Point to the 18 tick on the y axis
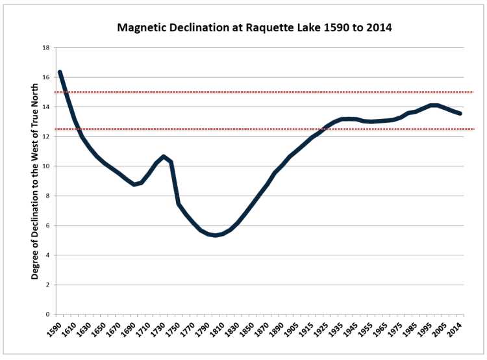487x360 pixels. pos(45,48)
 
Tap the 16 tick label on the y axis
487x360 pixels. pos(45,77)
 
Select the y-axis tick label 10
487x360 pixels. pos(45,166)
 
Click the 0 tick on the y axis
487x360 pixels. pos(47,315)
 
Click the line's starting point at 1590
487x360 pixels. pos(60,72)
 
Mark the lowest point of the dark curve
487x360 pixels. pos(216,235)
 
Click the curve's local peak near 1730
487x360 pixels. pos(164,157)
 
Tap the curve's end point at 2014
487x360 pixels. pos(460,114)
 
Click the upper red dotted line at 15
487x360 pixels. pos(260,92)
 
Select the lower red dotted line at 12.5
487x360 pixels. pos(260,129)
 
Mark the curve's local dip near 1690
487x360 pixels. pos(134,184)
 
